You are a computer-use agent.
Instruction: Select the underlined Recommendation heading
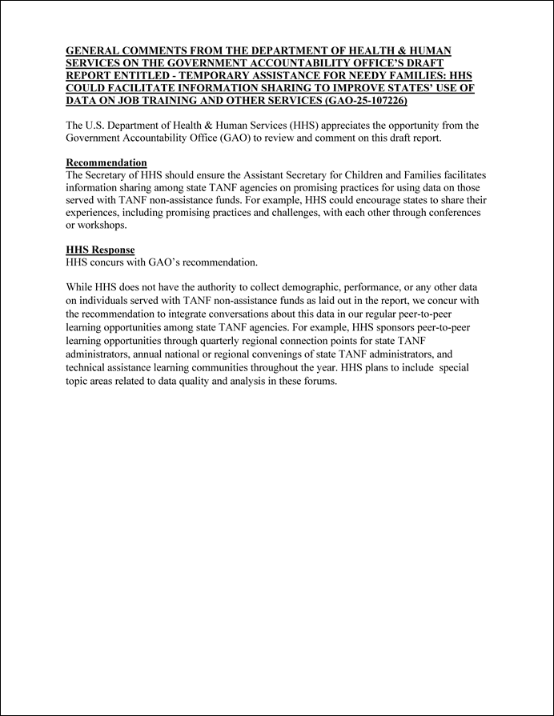[106, 162]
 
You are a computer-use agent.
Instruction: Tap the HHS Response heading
[100, 250]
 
